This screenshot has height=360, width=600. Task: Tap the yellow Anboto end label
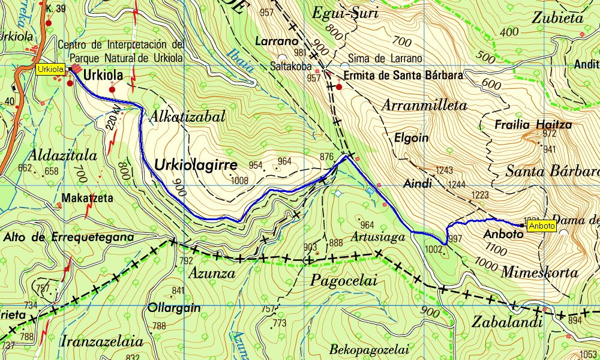point(542,227)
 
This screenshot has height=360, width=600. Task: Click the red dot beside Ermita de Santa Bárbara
point(339,87)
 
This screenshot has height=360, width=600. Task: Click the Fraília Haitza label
point(533,125)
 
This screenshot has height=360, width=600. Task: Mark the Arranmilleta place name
point(424,105)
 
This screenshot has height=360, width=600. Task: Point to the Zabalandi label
point(506,322)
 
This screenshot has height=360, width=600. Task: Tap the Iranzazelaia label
point(102,342)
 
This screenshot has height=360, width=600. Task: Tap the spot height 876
point(326,157)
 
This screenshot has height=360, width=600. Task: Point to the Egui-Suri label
point(346,13)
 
